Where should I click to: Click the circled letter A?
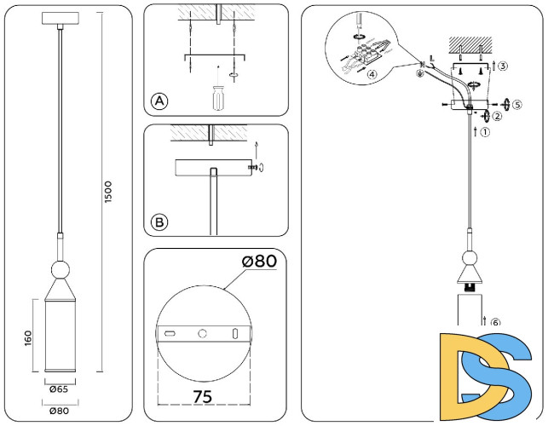point(159,101)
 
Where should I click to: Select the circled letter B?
point(159,222)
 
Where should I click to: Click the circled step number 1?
point(485,133)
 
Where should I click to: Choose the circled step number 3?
point(504,66)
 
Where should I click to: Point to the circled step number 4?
point(372,74)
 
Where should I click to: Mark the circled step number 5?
point(517,104)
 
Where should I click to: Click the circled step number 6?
point(495,322)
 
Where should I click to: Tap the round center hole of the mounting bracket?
point(202,331)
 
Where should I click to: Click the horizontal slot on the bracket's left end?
point(170,331)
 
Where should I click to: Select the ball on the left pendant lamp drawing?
point(61,272)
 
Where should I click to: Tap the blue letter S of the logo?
point(503,375)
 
